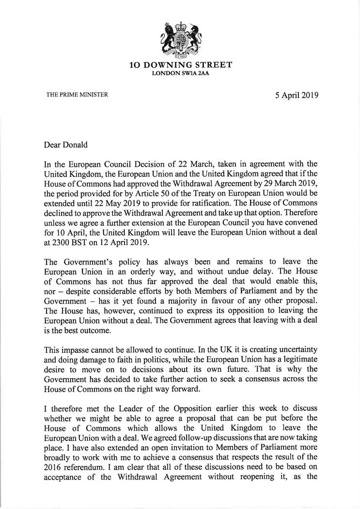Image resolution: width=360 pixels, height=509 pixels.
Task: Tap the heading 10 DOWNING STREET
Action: pyautogui.click(x=180, y=65)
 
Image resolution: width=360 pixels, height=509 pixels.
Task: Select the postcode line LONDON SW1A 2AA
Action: pyautogui.click(x=180, y=73)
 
